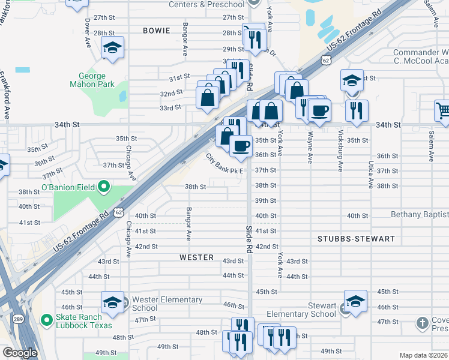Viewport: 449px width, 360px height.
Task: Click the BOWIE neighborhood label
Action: pyautogui.click(x=157, y=30)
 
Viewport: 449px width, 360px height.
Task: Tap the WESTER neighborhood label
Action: pyautogui.click(x=196, y=257)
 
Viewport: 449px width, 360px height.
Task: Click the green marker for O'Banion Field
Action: pyautogui.click(x=103, y=188)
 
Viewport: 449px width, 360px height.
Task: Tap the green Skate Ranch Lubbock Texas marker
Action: pyautogui.click(x=46, y=321)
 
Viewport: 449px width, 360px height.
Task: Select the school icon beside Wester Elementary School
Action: pyautogui.click(x=112, y=304)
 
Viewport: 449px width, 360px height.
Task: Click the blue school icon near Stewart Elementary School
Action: pyautogui.click(x=355, y=302)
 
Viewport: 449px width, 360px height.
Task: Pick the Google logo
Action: pyautogui.click(x=20, y=353)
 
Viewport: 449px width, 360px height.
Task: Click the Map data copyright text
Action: pyautogui.click(x=423, y=355)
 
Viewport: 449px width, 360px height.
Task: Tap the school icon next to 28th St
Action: pyautogui.click(x=112, y=48)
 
